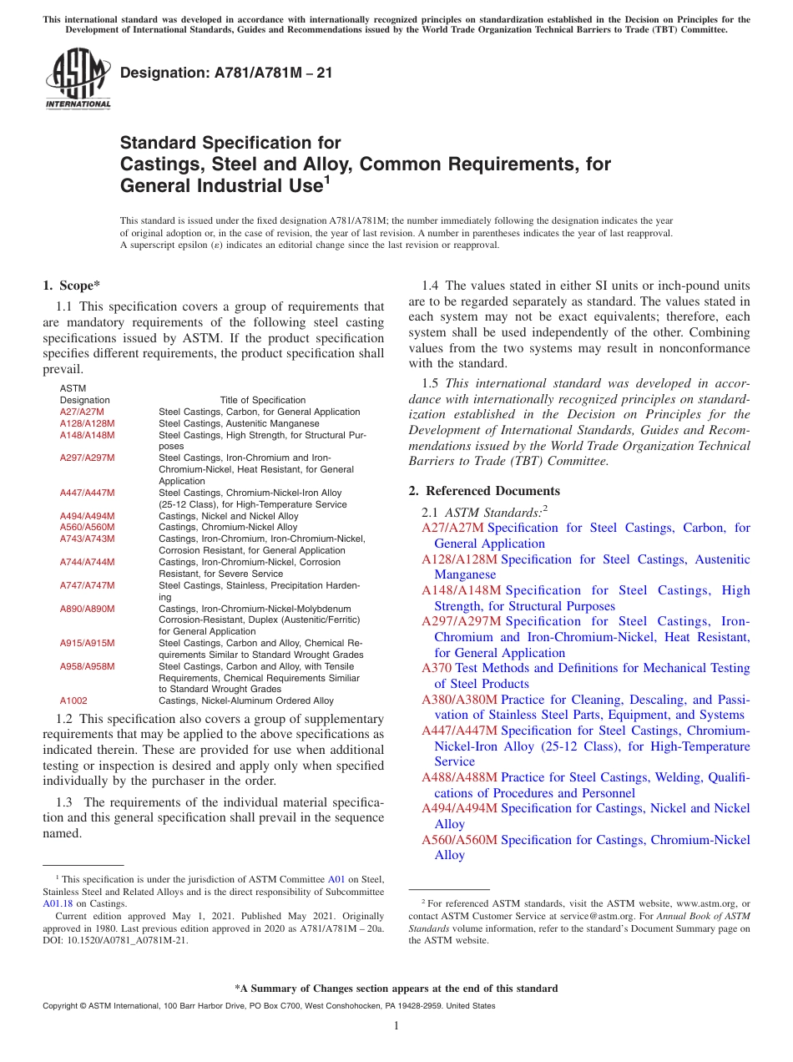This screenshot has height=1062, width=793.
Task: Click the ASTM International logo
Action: [78, 79]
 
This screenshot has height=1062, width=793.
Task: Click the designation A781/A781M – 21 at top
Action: [226, 73]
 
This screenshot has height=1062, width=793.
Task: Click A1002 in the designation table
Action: [73, 700]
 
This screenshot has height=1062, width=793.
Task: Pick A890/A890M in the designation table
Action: [87, 609]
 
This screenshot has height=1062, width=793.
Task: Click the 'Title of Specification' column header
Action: [262, 400]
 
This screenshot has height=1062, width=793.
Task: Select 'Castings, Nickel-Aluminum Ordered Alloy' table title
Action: [245, 700]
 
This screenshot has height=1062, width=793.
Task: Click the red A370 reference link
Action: [437, 668]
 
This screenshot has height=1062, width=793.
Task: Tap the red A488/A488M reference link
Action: [459, 777]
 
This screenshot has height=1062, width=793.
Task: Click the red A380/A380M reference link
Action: [459, 700]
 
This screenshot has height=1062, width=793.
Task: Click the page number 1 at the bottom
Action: [396, 1025]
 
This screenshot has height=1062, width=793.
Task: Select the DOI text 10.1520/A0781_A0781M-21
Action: [125, 939]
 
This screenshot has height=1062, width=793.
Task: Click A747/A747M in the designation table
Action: [87, 585]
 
